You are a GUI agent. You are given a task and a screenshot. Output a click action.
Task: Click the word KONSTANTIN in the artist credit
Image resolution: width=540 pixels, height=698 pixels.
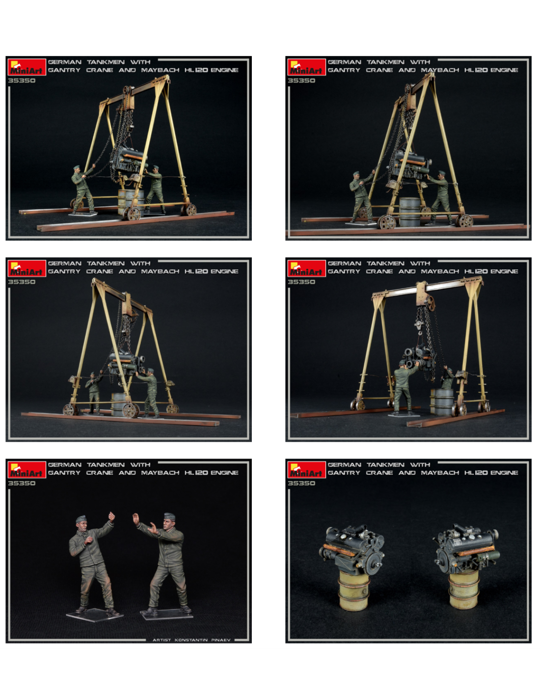(x=191, y=640)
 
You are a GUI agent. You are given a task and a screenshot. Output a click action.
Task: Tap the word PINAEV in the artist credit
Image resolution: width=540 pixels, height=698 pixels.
(x=221, y=640)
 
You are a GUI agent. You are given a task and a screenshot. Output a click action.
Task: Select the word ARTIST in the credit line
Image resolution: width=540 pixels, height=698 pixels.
(x=162, y=640)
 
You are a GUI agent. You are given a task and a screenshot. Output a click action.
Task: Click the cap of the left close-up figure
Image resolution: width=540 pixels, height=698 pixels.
(x=81, y=518)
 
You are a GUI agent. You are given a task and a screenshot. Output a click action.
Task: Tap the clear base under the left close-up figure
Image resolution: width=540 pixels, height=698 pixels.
(x=94, y=614)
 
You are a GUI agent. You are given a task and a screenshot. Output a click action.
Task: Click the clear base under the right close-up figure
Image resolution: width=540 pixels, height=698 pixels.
(x=166, y=614)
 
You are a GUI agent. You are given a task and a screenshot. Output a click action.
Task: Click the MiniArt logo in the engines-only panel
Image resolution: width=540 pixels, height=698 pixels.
(x=306, y=469)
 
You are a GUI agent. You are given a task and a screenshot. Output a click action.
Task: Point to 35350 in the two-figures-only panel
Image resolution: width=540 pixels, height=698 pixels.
(x=22, y=483)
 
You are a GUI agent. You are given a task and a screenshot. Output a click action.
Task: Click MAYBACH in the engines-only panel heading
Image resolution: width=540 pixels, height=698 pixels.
(x=440, y=473)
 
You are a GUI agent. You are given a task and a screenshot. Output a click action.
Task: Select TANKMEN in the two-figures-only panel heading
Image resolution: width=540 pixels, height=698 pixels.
(x=106, y=464)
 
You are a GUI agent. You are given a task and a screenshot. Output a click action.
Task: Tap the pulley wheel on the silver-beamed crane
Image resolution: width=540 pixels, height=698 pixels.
(x=430, y=302)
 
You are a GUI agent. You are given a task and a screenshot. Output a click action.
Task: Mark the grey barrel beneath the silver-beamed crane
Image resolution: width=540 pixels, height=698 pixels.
(x=443, y=402)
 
